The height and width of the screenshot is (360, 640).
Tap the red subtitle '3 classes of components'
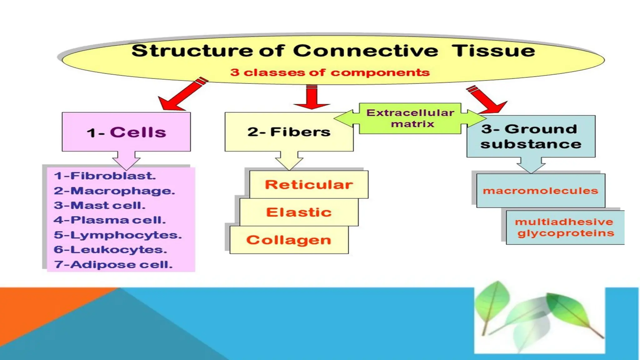pyautogui.click(x=330, y=72)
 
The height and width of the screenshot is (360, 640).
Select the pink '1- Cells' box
pyautogui.click(x=126, y=132)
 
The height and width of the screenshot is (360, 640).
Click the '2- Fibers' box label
pyautogui.click(x=289, y=132)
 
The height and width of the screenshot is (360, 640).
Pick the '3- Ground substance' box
pyautogui.click(x=531, y=137)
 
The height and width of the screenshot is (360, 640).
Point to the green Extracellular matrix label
pyautogui.click(x=410, y=118)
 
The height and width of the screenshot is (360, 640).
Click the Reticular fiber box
pyautogui.click(x=309, y=185)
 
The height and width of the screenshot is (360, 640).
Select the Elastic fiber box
pyautogui.click(x=299, y=212)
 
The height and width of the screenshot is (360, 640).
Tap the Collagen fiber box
pyautogui.click(x=289, y=240)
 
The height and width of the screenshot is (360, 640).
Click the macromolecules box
pyautogui.click(x=540, y=191)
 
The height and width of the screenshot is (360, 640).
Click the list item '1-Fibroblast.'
pyautogui.click(x=105, y=176)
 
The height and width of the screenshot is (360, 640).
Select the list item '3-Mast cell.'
pyautogui.click(x=99, y=205)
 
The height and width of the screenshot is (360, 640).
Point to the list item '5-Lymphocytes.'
pyautogui.click(x=117, y=235)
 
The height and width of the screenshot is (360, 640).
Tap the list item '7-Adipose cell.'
pyautogui.click(x=113, y=265)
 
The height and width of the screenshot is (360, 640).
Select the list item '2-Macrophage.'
pyautogui.click(x=114, y=191)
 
